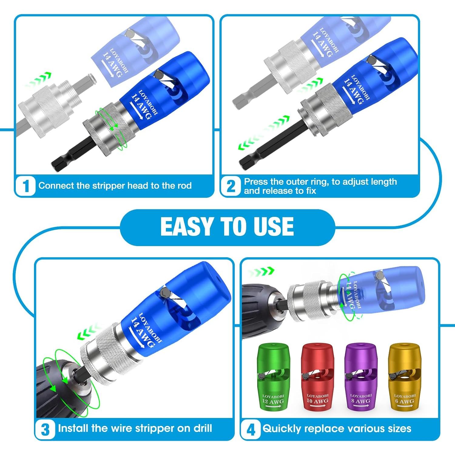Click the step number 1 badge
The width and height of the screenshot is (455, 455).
(x=26, y=186)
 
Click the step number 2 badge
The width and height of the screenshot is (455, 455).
(x=231, y=186)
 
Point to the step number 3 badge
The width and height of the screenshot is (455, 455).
(x=45, y=429)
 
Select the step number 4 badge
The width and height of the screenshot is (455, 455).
(x=251, y=429)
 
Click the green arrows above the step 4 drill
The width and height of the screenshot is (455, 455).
(x=261, y=271)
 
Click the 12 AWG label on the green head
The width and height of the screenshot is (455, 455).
(x=273, y=402)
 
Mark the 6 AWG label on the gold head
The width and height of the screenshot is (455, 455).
(x=405, y=401)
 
